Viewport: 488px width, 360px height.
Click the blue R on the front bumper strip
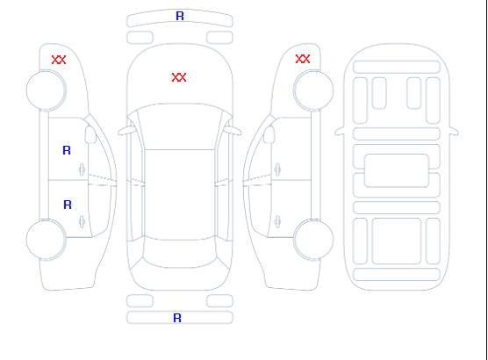point(180,16)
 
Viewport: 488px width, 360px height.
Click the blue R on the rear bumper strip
point(177,318)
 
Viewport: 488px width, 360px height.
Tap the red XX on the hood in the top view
point(179,77)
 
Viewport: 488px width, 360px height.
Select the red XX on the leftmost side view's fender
point(59,60)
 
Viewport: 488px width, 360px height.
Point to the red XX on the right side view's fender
point(303,59)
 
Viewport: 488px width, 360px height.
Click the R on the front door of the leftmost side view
point(67,150)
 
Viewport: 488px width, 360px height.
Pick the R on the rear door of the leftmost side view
point(68,205)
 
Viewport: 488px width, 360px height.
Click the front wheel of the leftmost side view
point(46,90)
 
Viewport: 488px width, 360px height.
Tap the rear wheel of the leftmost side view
point(46,240)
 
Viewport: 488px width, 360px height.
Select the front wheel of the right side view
point(313,90)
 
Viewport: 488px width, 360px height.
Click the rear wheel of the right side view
point(313,239)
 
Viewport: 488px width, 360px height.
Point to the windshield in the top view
point(180,126)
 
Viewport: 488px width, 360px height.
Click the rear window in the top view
point(180,253)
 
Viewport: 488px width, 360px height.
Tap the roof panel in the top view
point(180,195)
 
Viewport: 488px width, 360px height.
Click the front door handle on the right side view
point(277,169)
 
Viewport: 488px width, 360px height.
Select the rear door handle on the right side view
point(277,221)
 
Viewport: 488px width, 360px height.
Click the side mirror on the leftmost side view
point(90,134)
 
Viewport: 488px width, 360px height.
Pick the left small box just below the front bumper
point(140,38)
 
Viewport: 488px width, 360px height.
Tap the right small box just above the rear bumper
point(219,301)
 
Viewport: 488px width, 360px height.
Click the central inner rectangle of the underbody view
point(397,170)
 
